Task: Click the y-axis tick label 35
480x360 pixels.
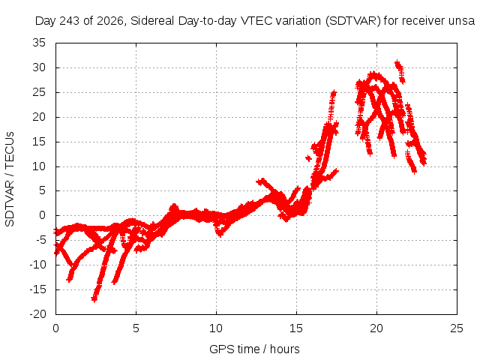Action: [39, 43]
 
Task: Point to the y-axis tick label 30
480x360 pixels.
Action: [39, 67]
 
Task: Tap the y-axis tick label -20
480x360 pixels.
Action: [37, 314]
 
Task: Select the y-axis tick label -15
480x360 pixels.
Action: [37, 289]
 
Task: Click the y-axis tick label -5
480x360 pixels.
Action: [40, 240]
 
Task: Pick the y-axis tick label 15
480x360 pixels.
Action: [39, 142]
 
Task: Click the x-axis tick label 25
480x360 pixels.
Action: [457, 328]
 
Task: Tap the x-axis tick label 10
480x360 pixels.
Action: [216, 328]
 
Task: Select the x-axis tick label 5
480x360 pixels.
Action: [136, 328]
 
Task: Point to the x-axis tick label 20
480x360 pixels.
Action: [376, 328]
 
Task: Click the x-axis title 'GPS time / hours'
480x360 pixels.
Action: [254, 349]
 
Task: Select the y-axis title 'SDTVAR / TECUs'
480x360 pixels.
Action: [10, 179]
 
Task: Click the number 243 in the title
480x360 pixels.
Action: [70, 21]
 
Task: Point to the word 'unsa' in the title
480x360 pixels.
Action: [462, 21]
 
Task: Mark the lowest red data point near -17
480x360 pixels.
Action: [94, 298]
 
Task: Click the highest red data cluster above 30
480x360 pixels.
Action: [398, 64]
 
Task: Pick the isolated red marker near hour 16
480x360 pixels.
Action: [308, 158]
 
